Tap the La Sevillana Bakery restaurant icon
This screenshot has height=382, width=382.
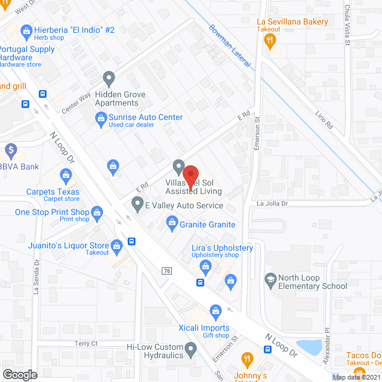[x=270, y=40]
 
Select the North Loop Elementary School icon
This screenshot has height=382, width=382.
[x=271, y=279]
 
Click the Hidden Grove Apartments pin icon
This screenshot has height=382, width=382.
[x=109, y=78]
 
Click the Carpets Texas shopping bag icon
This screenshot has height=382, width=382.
[x=66, y=175]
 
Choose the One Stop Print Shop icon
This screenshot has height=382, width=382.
[x=97, y=212]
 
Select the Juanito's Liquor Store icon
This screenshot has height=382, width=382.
[x=117, y=245]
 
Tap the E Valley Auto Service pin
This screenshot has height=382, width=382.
[x=137, y=205]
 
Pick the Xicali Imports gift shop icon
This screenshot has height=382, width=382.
[x=215, y=310]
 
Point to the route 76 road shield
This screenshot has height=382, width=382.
[x=168, y=271]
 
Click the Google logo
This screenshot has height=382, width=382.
[x=19, y=375]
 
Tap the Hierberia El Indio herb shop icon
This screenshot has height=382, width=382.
[x=27, y=30]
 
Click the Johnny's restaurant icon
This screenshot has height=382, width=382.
[x=247, y=359]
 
